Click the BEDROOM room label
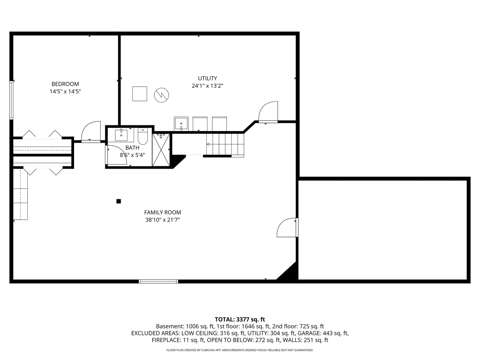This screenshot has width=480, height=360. tap(65, 84)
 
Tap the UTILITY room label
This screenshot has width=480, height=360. tap(207, 78)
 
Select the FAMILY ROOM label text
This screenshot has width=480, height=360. tap(162, 212)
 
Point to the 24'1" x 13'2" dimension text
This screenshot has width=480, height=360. tap(207, 86)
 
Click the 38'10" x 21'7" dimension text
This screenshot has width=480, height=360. tap(162, 220)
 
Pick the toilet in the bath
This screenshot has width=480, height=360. tap(143, 137)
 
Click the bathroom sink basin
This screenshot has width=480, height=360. tap(121, 135)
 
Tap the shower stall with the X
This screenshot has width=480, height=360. tap(161, 150)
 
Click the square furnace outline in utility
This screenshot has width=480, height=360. tap(140, 94)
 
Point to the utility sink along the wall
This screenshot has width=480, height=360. tap(181, 124)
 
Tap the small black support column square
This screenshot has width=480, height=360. tap(118, 201)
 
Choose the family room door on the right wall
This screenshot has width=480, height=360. tap(287, 228)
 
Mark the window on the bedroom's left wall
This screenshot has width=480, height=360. tap(11, 100)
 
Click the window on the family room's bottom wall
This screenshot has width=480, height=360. tap(158, 281)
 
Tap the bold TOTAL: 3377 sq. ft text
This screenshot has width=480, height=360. tap(240, 319)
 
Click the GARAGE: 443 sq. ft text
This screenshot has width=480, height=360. tap(323, 333)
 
